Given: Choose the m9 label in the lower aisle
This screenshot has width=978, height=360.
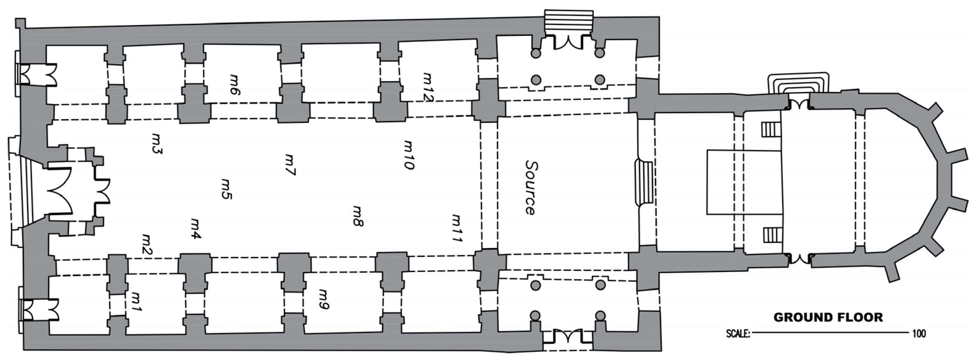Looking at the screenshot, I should (324, 299).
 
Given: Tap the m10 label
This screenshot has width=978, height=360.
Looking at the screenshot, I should (408, 155).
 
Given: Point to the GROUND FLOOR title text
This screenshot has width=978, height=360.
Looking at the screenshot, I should (828, 317).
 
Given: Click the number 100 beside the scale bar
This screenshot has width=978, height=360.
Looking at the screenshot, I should (919, 334).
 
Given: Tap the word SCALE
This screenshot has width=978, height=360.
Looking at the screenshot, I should (738, 334).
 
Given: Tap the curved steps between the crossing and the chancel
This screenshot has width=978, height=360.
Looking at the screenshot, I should (644, 184).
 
